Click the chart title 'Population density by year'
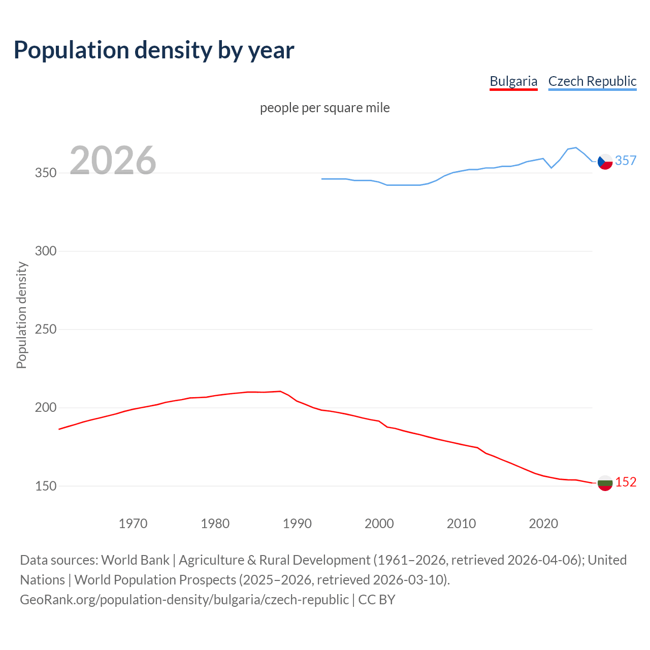point(154,50)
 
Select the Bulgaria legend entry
point(513,81)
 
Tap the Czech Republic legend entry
point(592,81)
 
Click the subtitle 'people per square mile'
point(324,108)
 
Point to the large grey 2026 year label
point(113,160)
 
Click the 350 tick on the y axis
point(45,173)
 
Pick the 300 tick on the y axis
point(45,251)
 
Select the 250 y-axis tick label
point(45,330)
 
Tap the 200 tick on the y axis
point(45,408)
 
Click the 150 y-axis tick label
point(45,486)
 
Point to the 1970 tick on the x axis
point(133,524)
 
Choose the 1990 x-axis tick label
point(297,524)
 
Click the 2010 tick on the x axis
point(461,524)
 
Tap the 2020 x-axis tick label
point(543,524)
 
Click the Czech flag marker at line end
point(605,161)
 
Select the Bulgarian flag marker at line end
point(605,483)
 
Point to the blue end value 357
point(626,161)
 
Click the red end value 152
point(626,482)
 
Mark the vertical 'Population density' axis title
point(21,315)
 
